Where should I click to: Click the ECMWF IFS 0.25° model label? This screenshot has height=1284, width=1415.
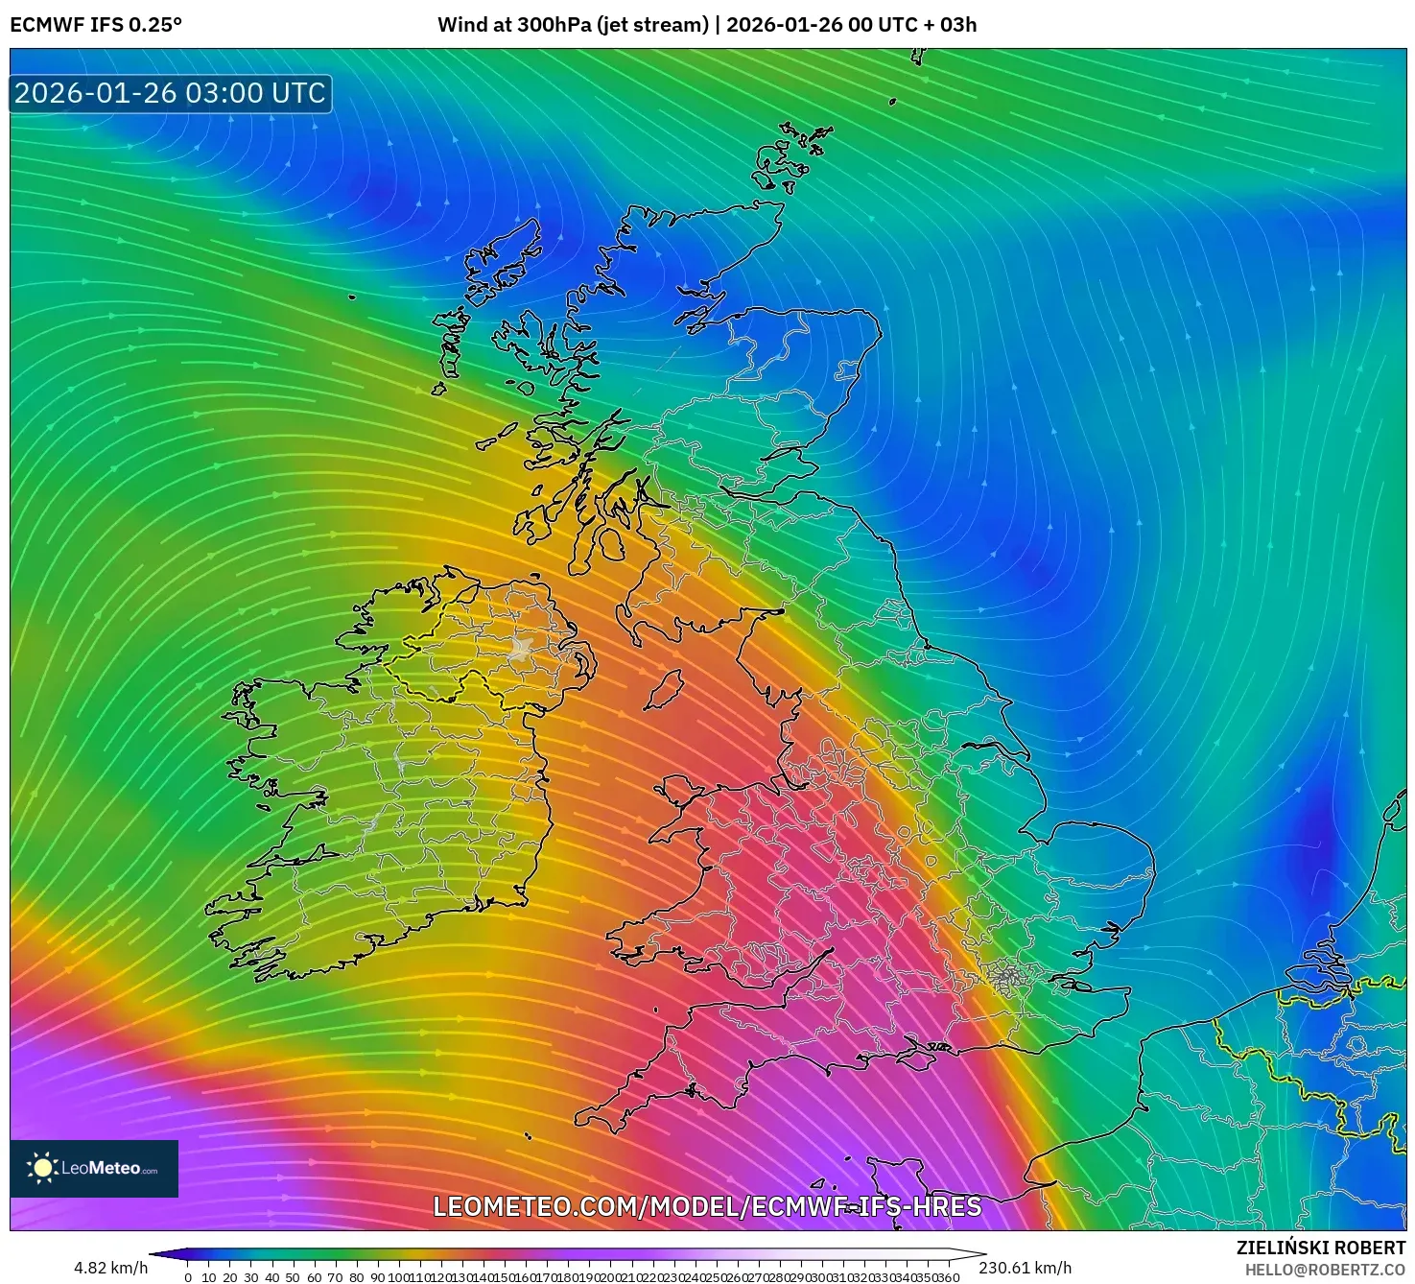[96, 25]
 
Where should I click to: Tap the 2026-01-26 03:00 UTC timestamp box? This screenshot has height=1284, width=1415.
[171, 94]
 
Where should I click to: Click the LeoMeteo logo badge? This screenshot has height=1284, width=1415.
[94, 1168]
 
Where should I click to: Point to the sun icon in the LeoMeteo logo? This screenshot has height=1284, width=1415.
[43, 1168]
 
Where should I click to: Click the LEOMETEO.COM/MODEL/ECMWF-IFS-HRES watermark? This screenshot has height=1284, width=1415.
[707, 1206]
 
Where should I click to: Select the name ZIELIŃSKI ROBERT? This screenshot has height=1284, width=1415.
[1320, 1248]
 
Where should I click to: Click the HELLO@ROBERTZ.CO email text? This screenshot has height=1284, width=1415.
[1325, 1270]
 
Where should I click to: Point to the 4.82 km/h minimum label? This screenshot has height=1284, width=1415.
[110, 1268]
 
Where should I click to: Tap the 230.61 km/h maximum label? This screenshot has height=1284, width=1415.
[1026, 1268]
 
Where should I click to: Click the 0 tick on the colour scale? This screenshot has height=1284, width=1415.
[188, 1277]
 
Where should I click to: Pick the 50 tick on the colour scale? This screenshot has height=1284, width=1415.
[294, 1277]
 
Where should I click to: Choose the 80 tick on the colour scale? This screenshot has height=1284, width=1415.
[357, 1277]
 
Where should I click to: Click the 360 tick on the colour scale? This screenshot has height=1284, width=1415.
[949, 1277]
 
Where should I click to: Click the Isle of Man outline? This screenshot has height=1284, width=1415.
[664, 689]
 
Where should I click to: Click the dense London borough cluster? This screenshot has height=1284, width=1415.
[1007, 978]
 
